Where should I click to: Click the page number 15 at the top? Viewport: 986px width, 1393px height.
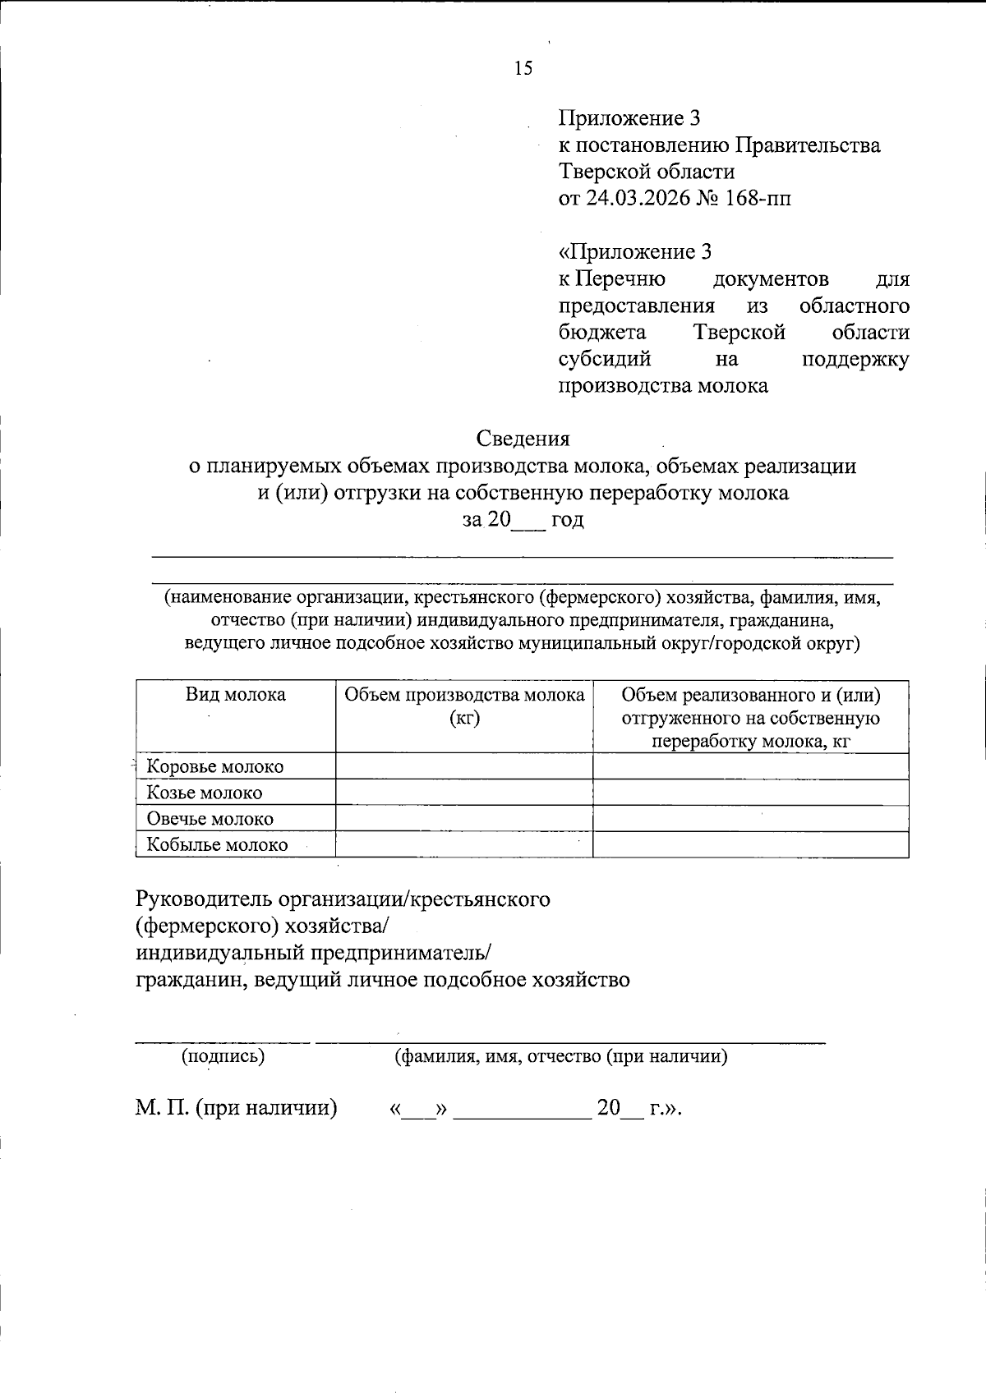point(523,68)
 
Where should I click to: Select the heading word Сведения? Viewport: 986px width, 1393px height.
point(523,439)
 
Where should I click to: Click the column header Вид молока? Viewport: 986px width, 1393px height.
point(235,695)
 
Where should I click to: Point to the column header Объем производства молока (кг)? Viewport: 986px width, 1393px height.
point(464,706)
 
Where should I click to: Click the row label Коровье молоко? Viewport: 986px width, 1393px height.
point(215,766)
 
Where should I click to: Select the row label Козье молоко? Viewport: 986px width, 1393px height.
point(205,793)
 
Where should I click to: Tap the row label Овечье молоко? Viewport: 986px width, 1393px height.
point(210,819)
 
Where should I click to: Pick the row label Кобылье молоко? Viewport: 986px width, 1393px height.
point(218,844)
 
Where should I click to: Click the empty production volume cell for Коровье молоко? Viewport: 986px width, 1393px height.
point(464,766)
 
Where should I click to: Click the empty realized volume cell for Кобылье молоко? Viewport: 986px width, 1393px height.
point(750,844)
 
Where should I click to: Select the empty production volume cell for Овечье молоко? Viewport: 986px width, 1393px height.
point(464,819)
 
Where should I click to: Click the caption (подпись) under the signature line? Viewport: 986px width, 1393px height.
point(223,1056)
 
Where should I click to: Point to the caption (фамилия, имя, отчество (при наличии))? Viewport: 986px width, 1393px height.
point(561,1056)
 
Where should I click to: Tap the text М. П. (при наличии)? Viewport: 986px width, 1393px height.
point(237,1108)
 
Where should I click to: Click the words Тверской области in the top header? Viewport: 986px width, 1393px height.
point(647,172)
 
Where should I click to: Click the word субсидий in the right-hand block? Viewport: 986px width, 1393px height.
point(606,359)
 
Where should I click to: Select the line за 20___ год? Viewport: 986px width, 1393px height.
point(523,519)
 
